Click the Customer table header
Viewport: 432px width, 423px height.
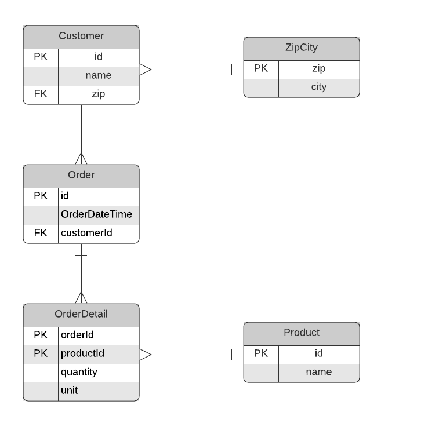pyautogui.click(x=81, y=36)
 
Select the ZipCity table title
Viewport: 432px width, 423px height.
pyautogui.click(x=301, y=48)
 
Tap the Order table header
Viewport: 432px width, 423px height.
pyautogui.click(x=81, y=175)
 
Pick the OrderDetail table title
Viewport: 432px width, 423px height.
pyautogui.click(x=81, y=314)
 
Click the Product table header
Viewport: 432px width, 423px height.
pyautogui.click(x=301, y=333)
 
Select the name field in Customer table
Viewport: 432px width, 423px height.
pyautogui.click(x=98, y=75)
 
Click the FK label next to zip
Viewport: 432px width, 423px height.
pyautogui.click(x=41, y=94)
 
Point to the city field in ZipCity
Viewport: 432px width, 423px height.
pyautogui.click(x=318, y=87)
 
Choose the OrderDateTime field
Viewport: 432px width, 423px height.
pyautogui.click(x=96, y=214)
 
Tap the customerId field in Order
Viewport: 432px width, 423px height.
pyautogui.click(x=86, y=233)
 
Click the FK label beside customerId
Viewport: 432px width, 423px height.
pyautogui.click(x=41, y=233)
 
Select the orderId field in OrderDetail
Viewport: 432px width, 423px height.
pyautogui.click(x=77, y=335)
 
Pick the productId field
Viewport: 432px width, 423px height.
pyautogui.click(x=82, y=353)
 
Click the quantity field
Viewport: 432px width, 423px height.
pyautogui.click(x=79, y=372)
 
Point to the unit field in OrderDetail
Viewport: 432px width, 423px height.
pyautogui.click(x=69, y=391)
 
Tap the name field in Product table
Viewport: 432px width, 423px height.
pyautogui.click(x=318, y=372)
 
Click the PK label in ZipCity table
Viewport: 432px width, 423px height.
pyautogui.click(x=261, y=68)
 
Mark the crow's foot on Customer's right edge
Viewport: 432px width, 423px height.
pyautogui.click(x=145, y=70)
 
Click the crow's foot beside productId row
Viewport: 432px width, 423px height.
pyautogui.click(x=145, y=354)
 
